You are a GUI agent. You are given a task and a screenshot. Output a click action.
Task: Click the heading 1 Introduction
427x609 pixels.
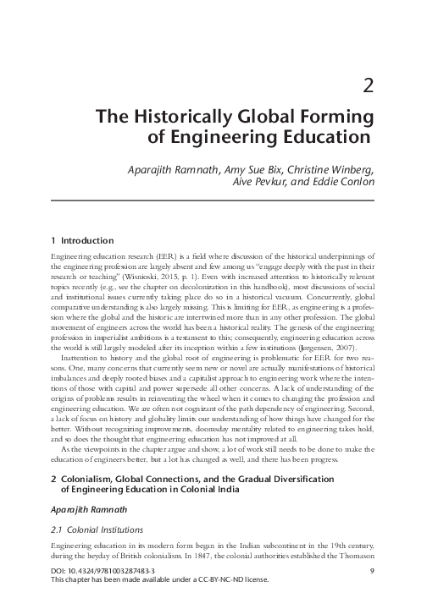pos(76,240)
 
